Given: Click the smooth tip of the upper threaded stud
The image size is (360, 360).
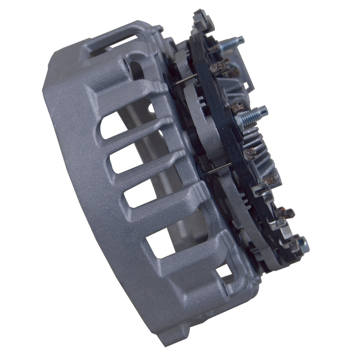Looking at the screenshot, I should tap(240, 39).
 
